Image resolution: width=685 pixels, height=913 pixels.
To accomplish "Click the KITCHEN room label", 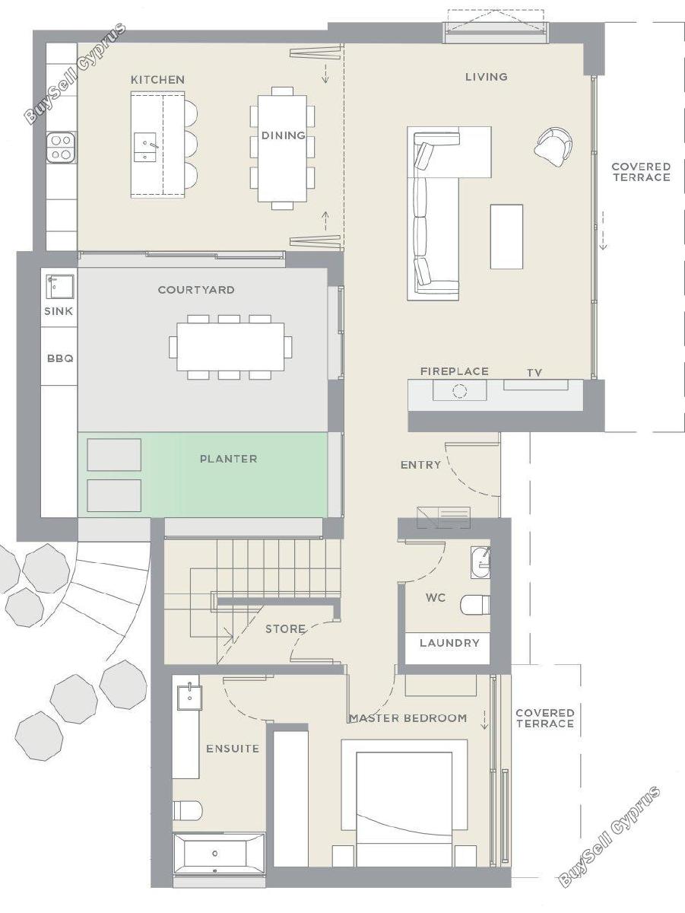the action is click(x=157, y=79).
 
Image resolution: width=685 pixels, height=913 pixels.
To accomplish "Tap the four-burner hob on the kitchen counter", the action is click(x=61, y=148).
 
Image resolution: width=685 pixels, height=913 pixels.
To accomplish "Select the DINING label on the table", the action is click(x=283, y=135).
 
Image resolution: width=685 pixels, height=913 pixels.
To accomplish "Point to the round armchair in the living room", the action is click(x=553, y=147).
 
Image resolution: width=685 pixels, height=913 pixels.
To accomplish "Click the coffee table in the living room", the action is click(x=506, y=237).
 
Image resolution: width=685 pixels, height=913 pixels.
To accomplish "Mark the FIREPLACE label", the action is click(x=455, y=371).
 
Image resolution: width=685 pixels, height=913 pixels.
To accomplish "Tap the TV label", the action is click(x=534, y=373).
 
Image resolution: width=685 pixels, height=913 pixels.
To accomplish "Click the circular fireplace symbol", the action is click(x=459, y=391).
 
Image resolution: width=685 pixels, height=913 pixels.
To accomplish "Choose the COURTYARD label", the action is click(x=196, y=290).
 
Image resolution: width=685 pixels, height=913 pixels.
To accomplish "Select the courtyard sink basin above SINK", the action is click(x=59, y=286).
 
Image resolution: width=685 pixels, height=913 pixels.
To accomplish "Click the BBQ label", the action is click(x=60, y=358).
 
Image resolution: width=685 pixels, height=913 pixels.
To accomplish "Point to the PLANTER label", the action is click(x=229, y=459).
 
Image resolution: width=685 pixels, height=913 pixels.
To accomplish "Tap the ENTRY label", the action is click(x=420, y=465).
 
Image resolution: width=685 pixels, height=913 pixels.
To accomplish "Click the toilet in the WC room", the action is click(x=475, y=604).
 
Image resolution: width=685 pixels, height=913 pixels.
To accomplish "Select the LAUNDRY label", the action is click(x=449, y=643).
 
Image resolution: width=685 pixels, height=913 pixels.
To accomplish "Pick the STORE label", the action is click(x=285, y=628).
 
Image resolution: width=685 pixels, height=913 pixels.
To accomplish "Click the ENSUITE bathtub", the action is click(x=219, y=853).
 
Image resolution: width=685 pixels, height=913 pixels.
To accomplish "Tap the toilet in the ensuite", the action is click(x=188, y=810).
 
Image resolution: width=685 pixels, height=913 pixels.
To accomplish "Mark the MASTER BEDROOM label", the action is click(x=408, y=718).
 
